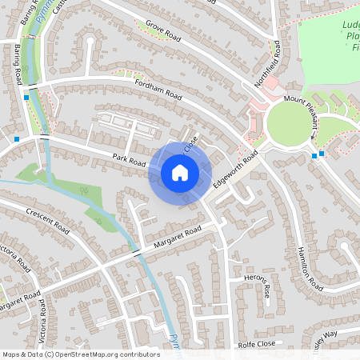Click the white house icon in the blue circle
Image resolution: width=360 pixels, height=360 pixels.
click(180, 172)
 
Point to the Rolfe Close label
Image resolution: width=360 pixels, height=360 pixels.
click(256, 345)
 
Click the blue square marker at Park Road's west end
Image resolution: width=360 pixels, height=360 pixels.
click(17, 138)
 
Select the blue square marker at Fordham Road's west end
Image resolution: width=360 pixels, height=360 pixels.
click(26, 97)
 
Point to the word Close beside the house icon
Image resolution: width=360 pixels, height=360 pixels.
click(190, 146)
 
